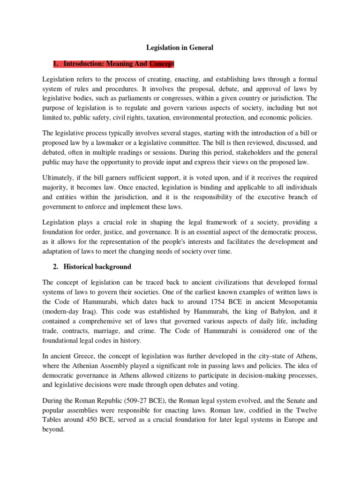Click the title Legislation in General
point(180,47)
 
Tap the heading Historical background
point(97,267)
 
